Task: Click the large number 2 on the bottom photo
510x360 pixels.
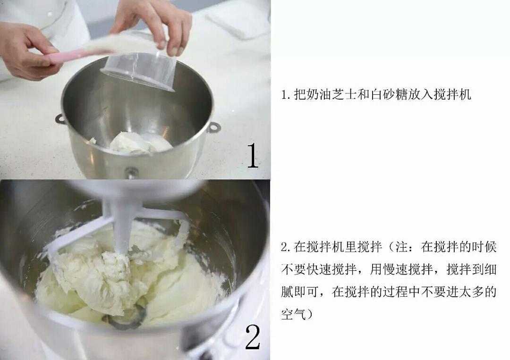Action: click(x=253, y=337)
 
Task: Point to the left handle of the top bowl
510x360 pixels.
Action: click(x=60, y=119)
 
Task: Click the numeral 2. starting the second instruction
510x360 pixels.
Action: click(x=285, y=247)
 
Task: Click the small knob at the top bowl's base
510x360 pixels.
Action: click(x=131, y=173)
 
